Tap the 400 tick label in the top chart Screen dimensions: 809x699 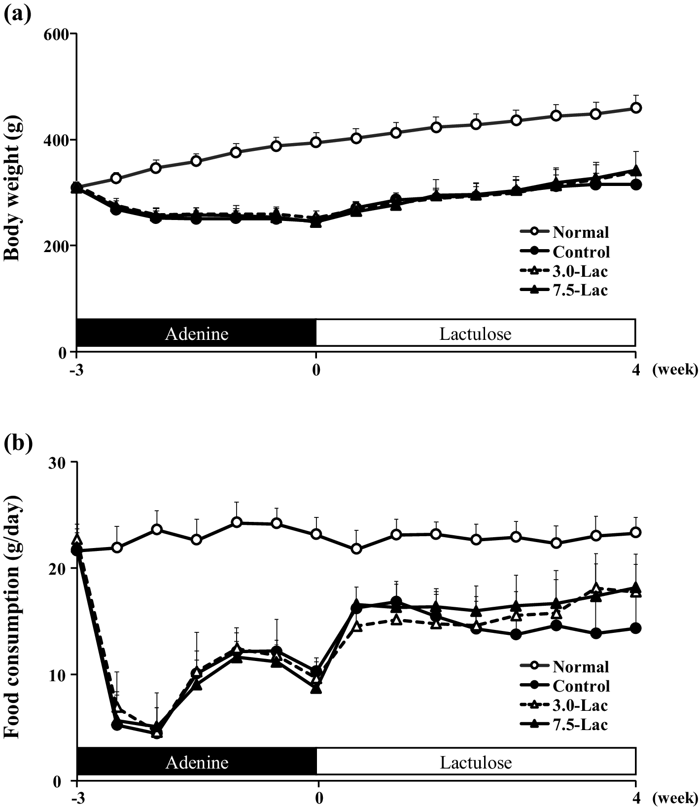(x=61, y=140)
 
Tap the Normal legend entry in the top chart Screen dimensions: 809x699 (x=580, y=232)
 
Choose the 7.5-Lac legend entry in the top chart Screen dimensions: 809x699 (x=580, y=290)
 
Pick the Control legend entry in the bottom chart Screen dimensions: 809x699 (x=581, y=686)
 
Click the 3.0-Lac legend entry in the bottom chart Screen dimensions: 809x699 (x=580, y=705)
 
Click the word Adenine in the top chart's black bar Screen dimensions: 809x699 (x=197, y=334)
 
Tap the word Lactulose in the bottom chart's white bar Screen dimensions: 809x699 (x=476, y=763)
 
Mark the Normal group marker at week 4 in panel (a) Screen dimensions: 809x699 (x=636, y=108)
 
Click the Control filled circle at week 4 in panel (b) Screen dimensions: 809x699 (x=636, y=628)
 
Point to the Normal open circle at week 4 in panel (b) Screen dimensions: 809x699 (x=636, y=532)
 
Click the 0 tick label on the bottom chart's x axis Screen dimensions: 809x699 (x=318, y=798)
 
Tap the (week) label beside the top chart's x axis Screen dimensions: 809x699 (x=675, y=369)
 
